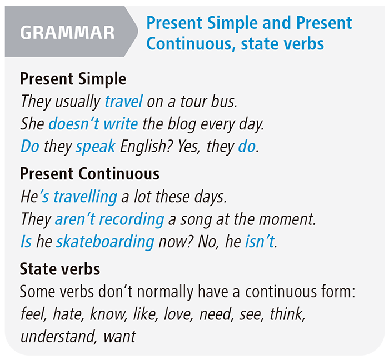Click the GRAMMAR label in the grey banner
[67, 32]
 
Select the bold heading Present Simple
[73, 79]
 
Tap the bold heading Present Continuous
[89, 174]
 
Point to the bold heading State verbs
[60, 269]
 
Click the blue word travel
[124, 102]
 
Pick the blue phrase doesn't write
[93, 124]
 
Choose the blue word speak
[96, 147]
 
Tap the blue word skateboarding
[105, 242]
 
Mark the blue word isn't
[260, 242]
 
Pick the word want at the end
[118, 337]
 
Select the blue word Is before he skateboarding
[26, 242]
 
